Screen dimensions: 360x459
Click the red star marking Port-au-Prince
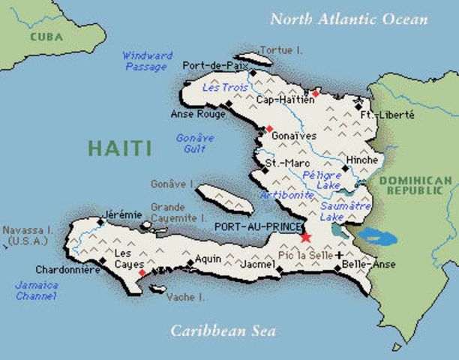tap(305, 238)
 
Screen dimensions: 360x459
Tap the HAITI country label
tap(119, 148)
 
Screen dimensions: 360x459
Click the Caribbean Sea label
tap(223, 330)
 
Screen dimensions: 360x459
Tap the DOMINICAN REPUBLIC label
tap(415, 187)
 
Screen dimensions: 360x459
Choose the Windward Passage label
tap(147, 61)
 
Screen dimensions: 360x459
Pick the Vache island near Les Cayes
tap(159, 288)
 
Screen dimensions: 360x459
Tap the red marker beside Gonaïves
tap(268, 129)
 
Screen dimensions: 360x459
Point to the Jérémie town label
tap(121, 214)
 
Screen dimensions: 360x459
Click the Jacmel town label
tap(257, 265)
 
